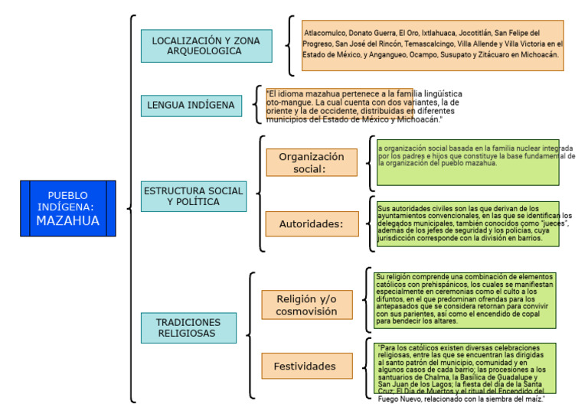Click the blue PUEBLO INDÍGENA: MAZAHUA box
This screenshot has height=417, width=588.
tap(68, 208)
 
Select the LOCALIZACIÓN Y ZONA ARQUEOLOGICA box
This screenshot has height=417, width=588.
tap(196, 46)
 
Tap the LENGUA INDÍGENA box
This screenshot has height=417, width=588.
tap(191, 106)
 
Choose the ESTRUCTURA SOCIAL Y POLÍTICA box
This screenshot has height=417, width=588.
tap(194, 197)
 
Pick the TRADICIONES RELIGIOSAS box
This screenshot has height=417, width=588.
tap(188, 327)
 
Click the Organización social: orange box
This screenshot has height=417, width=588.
tap(311, 162)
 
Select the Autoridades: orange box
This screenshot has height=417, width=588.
tap(311, 224)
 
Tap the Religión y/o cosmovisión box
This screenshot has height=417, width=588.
tap(306, 305)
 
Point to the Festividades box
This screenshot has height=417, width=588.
tap(305, 367)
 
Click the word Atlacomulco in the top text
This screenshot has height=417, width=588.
tap(325, 34)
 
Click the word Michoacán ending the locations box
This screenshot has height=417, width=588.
tap(541, 55)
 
